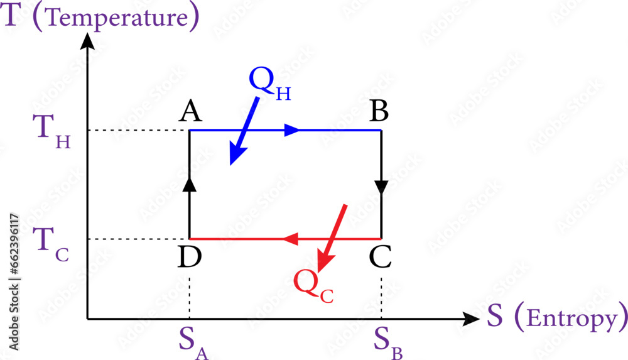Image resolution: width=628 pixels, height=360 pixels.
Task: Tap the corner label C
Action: [x=381, y=257]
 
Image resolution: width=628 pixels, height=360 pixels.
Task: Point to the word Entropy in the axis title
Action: [x=570, y=319]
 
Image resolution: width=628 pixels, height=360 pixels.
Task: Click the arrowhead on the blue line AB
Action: [x=292, y=130]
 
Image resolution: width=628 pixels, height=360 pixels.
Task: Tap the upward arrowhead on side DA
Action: [x=190, y=183]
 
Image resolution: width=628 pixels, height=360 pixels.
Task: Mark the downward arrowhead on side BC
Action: [x=381, y=187]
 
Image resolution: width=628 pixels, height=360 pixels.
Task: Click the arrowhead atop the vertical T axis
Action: [x=88, y=41]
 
